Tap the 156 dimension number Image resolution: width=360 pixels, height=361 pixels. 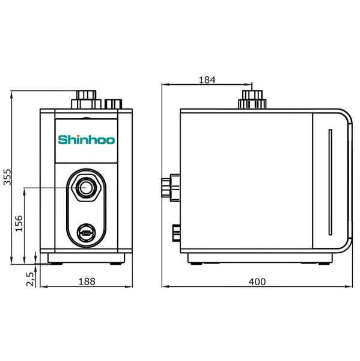pos(19,224)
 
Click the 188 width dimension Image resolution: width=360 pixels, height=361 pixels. pos(86,282)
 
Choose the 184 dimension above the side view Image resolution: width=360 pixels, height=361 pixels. pos(206,79)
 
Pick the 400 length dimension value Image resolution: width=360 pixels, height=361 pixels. pos(257,282)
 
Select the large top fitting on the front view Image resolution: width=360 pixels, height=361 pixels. pos(85,99)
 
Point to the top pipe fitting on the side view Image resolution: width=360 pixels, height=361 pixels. pos(252,99)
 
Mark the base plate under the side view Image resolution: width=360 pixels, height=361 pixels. pos(260,259)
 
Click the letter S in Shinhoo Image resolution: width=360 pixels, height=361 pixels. pos(62,140)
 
